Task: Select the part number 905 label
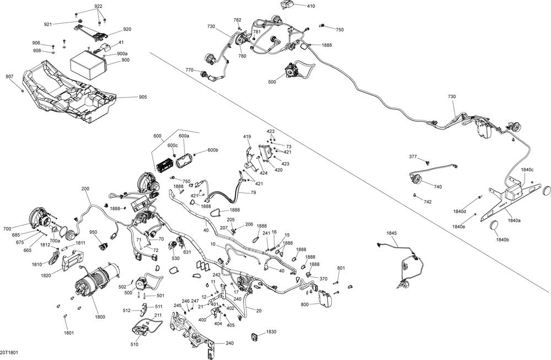click(x=143, y=98)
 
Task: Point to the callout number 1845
click(x=391, y=233)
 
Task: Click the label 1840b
click(x=501, y=240)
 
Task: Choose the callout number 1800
click(x=100, y=317)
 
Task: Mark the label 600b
click(x=213, y=151)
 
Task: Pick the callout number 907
click(x=9, y=77)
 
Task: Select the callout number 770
click(x=189, y=70)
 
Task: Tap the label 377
click(x=413, y=157)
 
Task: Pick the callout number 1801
click(x=68, y=332)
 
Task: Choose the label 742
click(x=428, y=203)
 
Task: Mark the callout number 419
click(x=247, y=136)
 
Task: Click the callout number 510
click(x=134, y=345)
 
